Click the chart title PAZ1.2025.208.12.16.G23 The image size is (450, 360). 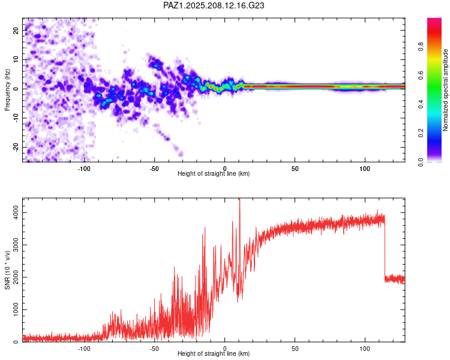click(x=214, y=5)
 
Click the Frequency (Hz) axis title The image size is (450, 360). click(x=7, y=90)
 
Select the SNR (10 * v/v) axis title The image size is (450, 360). click(x=7, y=270)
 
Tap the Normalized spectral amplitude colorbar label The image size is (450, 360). click(x=445, y=90)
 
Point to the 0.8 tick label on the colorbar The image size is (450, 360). click(x=421, y=46)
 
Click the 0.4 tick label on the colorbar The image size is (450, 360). click(x=421, y=104)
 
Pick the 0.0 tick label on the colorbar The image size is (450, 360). click(x=421, y=162)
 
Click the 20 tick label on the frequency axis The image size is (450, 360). click(x=16, y=30)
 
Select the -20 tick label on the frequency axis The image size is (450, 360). click(x=16, y=148)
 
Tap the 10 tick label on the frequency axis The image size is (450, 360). click(x=16, y=59)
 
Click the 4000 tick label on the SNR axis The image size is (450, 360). click(x=16, y=213)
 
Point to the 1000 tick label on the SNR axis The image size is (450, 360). click(x=16, y=310)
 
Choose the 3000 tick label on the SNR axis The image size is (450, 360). click(x=16, y=245)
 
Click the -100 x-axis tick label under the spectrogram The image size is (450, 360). click(x=84, y=169)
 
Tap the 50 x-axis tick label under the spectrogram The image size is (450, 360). click(x=295, y=169)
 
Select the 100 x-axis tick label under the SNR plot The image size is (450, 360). click(x=365, y=349)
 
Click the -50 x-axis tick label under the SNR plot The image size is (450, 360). click(x=154, y=349)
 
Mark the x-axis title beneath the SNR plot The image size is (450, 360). click(x=214, y=353)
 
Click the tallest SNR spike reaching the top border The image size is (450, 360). click(x=239, y=201)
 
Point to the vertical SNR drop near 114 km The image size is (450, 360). click(x=385, y=249)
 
